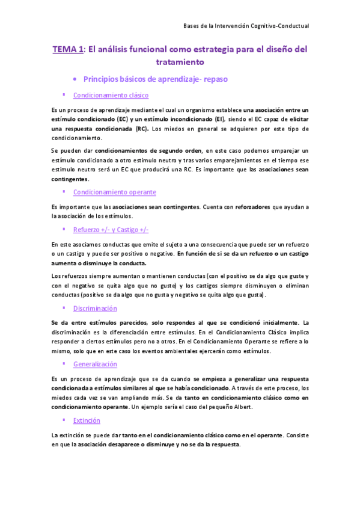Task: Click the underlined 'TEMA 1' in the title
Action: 67,51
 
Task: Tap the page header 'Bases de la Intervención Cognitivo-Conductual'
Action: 246,26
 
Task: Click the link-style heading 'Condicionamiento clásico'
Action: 111,95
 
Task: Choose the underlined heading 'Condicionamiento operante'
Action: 114,192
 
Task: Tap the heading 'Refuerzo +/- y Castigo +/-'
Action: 111,230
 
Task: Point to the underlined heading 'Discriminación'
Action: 94,308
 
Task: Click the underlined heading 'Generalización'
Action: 95,364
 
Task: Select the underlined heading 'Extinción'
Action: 87,420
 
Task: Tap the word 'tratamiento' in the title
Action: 180,62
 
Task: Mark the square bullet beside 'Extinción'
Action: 63,420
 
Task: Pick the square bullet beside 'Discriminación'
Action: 63,307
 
